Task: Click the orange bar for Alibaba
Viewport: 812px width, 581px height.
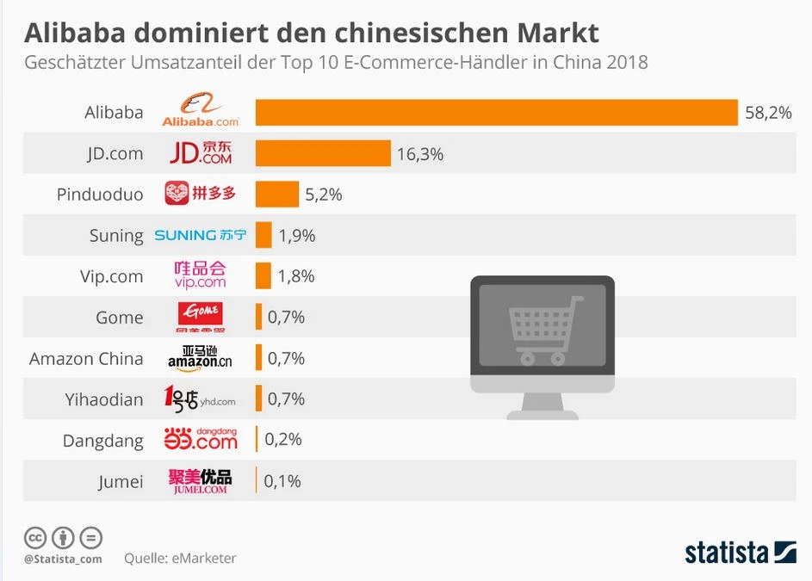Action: point(496,113)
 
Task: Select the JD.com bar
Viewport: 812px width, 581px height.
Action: point(323,153)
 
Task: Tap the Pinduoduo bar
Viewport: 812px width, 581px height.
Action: point(276,195)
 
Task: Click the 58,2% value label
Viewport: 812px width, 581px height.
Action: point(768,113)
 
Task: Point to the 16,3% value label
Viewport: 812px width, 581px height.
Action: point(420,154)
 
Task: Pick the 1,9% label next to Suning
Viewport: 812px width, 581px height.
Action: point(297,236)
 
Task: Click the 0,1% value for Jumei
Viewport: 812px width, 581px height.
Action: point(282,481)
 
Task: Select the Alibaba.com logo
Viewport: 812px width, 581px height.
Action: point(201,113)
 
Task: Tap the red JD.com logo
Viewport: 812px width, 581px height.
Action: point(201,153)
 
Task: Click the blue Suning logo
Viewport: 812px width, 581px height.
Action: point(200,235)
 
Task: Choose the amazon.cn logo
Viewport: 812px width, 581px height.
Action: point(200,358)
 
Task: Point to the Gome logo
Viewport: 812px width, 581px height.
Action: point(200,317)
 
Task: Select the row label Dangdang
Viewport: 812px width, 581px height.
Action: point(102,441)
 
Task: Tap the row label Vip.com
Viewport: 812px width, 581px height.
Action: point(111,276)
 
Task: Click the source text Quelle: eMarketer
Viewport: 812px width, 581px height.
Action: point(180,558)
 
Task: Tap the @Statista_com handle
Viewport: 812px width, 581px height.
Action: point(63,559)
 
